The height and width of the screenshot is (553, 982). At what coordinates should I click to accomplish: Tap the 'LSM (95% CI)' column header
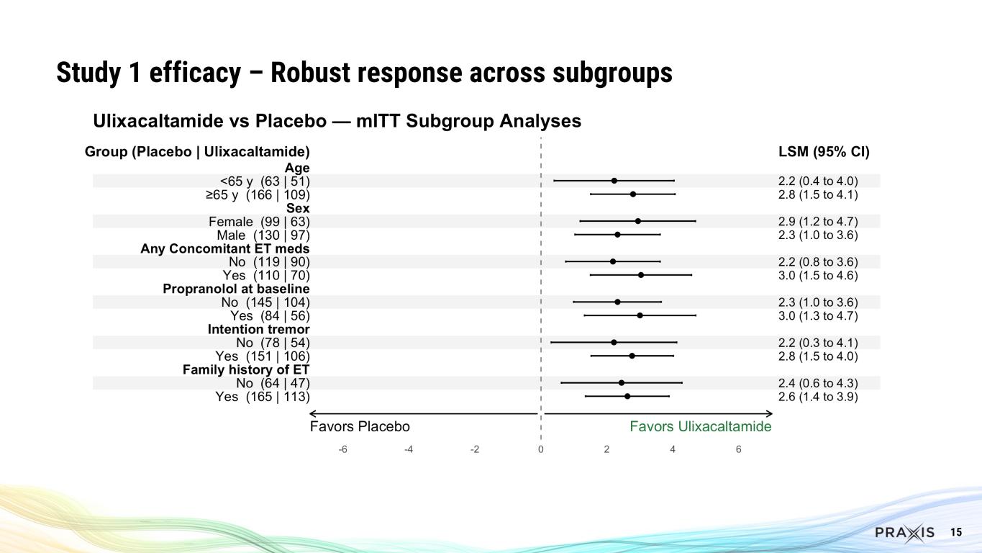819,152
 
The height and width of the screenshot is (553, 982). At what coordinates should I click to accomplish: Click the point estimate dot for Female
637,221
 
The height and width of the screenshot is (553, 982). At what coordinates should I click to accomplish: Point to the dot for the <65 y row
614,181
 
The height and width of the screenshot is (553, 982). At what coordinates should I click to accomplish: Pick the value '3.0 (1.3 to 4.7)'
813,315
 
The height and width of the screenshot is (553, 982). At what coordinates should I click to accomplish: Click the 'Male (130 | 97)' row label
263,235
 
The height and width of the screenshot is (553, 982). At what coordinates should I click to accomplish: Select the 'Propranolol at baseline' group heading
236,289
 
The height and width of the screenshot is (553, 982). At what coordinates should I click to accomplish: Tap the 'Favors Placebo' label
360,426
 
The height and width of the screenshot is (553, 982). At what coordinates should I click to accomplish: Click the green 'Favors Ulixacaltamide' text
700,426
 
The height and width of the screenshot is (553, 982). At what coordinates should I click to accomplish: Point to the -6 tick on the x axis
342,449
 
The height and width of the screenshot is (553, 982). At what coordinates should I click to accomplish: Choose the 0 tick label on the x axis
540,449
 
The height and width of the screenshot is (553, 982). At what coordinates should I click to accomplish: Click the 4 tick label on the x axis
673,449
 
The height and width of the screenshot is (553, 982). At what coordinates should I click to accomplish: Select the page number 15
956,532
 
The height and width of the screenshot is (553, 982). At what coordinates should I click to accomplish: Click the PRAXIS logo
904,533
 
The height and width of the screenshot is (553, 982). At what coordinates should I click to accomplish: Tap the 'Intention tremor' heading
258,329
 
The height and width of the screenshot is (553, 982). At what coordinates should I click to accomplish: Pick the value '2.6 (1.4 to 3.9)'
813,396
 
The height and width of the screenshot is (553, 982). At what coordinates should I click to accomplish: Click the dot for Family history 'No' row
622,383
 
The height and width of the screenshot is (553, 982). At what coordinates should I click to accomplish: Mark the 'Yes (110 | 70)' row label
266,275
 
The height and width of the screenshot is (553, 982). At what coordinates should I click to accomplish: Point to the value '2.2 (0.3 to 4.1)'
813,343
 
